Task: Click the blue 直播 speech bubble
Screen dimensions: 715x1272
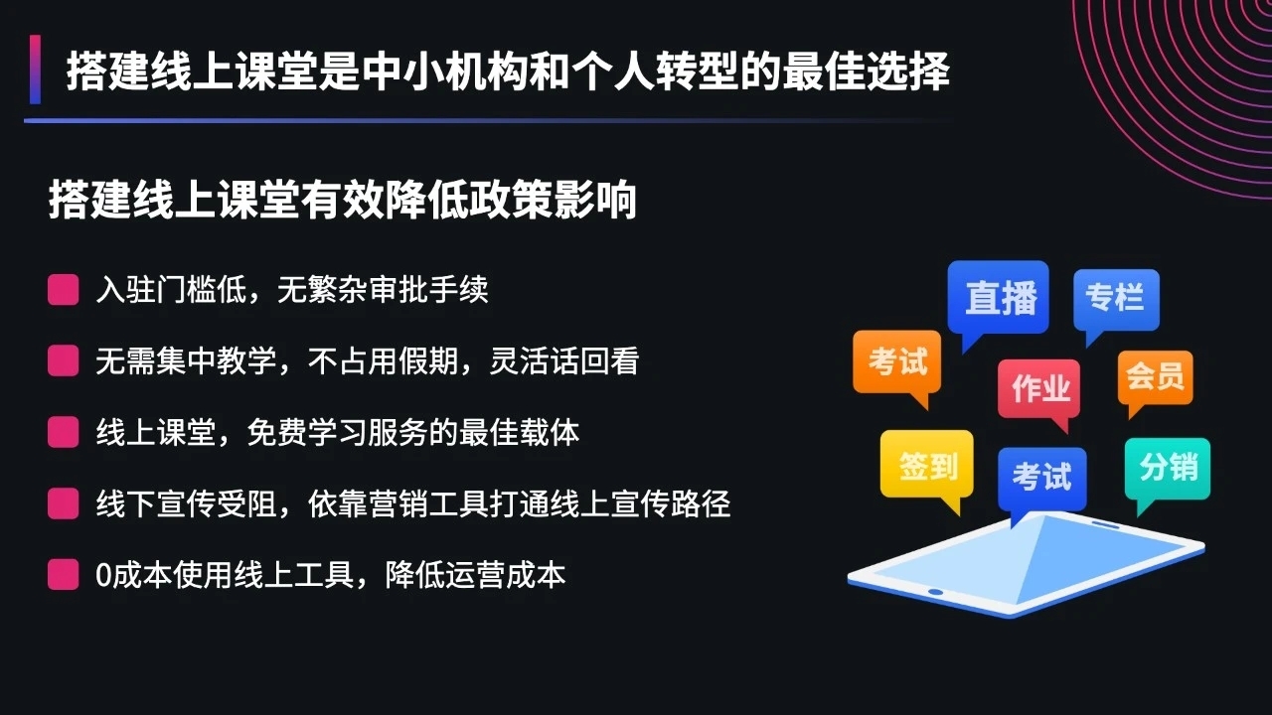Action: [1000, 297]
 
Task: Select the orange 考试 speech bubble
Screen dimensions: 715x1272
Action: [896, 361]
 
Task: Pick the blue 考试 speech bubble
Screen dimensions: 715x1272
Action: [1041, 478]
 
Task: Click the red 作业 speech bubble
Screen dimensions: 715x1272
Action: [1039, 388]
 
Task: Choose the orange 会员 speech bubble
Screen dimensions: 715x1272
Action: [1155, 377]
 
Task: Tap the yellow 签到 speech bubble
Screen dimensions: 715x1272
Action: [927, 465]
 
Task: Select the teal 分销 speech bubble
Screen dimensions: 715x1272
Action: [1168, 467]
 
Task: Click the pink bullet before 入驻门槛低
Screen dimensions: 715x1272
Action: [64, 290]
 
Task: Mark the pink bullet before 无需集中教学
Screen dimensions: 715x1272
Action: [64, 361]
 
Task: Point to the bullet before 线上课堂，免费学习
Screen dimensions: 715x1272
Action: [64, 433]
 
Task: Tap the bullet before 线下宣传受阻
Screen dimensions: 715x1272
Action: [64, 504]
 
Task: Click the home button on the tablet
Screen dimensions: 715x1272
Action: [935, 592]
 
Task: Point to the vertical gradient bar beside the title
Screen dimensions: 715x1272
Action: [35, 70]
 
